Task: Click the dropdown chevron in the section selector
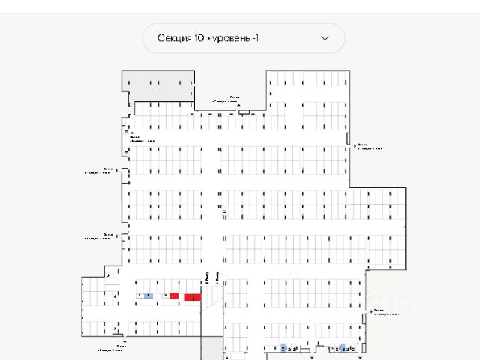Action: (325, 38)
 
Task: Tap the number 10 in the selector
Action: (199, 38)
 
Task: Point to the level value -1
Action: (256, 38)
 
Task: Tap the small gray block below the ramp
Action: (211, 349)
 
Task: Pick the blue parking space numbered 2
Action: (148, 296)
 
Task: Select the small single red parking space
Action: (174, 296)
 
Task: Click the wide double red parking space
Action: (193, 297)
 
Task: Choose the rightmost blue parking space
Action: (343, 348)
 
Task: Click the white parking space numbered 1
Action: (140, 296)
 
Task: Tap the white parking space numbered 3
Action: (165, 296)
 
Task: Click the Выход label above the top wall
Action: (233, 98)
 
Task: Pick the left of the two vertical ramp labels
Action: (206, 276)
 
